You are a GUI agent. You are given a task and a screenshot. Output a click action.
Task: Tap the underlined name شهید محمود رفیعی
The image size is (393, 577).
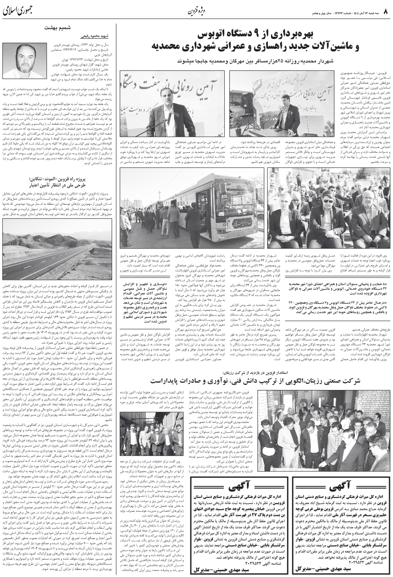[88, 37]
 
